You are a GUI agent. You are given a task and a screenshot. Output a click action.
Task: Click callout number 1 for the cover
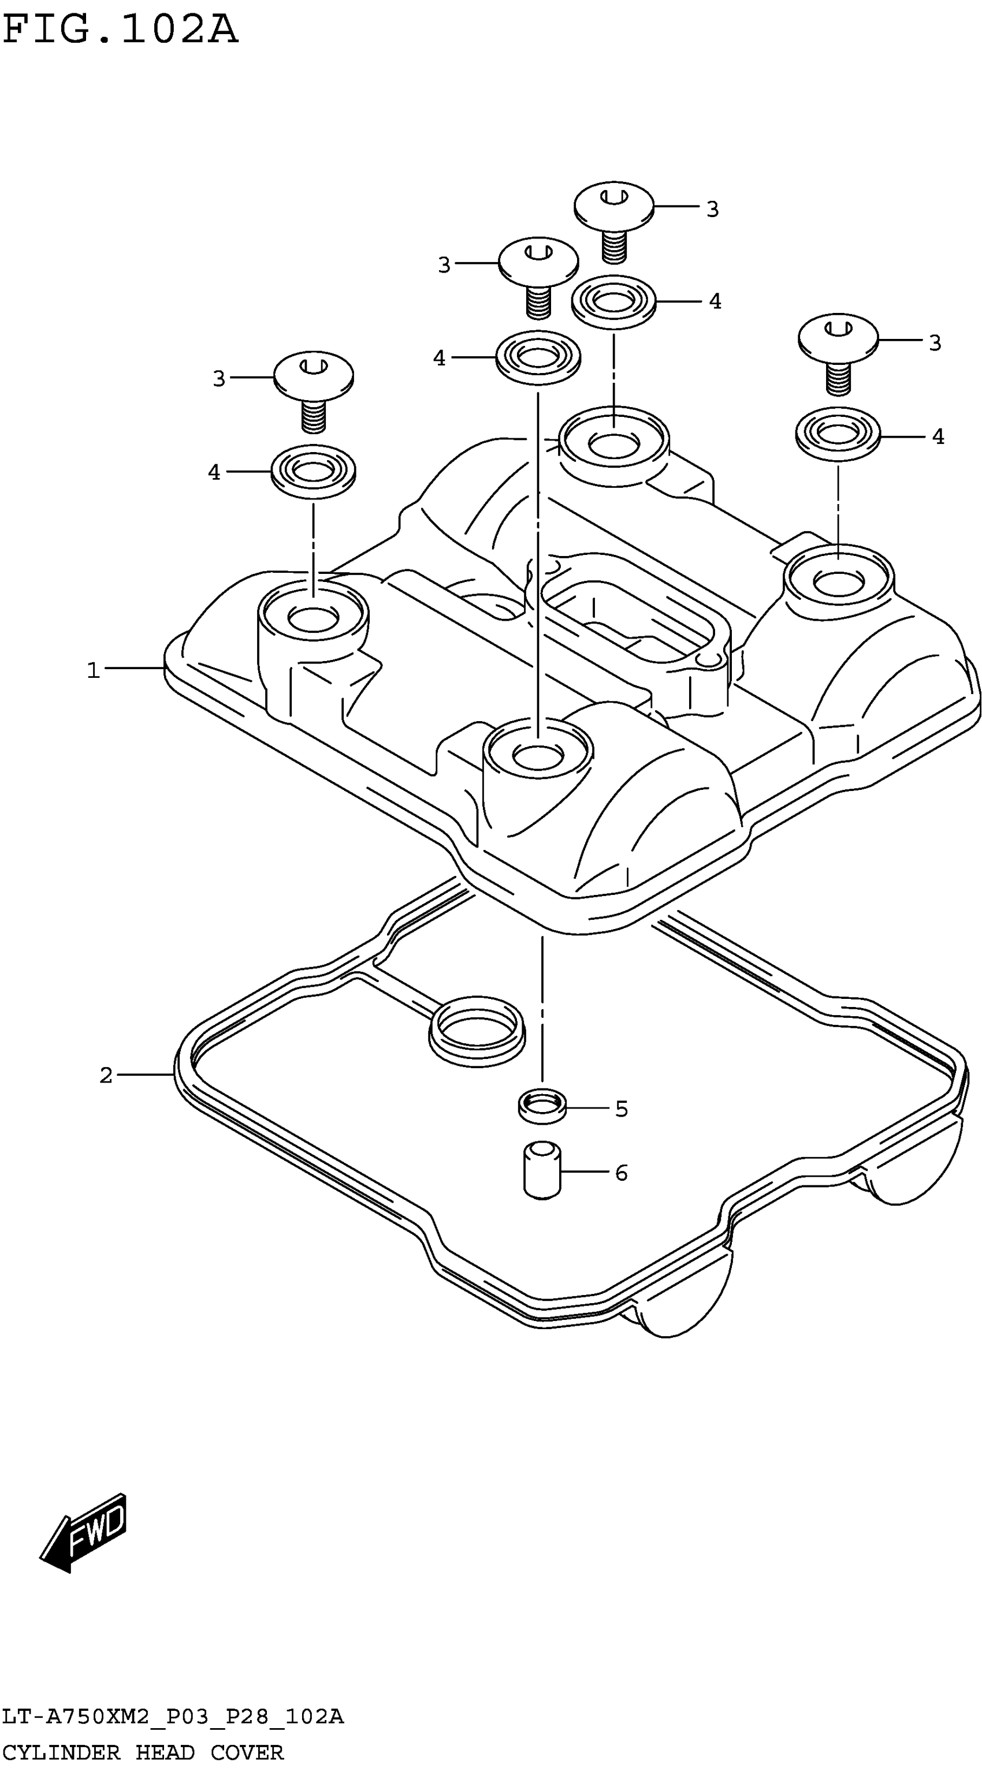pos(93,669)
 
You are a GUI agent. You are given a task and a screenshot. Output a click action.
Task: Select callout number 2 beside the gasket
pos(105,1075)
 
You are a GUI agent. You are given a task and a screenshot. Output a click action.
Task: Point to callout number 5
pos(621,1109)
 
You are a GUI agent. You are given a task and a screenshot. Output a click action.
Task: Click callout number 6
pos(621,1173)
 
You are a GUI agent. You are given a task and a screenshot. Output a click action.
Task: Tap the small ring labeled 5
pos(542,1106)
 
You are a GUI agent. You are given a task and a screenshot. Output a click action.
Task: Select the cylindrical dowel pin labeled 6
pos(542,1170)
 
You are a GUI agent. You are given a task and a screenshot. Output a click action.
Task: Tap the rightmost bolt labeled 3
pos(838,351)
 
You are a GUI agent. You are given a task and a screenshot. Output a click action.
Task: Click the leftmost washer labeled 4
pos(313,471)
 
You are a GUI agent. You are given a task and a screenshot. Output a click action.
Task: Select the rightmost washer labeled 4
pos(838,435)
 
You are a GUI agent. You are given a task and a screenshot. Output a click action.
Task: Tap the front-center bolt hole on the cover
pos(537,755)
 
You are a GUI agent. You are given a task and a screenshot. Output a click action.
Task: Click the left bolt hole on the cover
pos(313,617)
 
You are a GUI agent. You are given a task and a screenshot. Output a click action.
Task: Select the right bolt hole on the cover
pos(839,582)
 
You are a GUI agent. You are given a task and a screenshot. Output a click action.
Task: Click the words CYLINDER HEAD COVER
pos(143,1751)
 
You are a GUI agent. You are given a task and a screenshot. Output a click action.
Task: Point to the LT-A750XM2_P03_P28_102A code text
pos(172,1717)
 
